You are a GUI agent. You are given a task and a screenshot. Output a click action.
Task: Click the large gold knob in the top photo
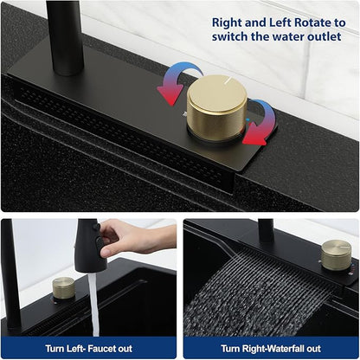[216, 107]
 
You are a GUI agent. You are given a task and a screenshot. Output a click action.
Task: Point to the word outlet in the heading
[325, 37]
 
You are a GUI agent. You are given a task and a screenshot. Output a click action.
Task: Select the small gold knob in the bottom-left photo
[63, 289]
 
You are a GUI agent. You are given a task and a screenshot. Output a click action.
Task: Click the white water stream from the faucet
[93, 305]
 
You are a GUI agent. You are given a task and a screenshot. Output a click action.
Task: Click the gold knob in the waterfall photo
[337, 255]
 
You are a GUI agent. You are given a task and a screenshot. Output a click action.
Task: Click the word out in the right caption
[313, 349]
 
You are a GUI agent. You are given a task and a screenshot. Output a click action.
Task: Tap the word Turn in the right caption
[230, 349]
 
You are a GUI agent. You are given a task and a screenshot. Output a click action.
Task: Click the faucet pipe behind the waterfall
[266, 231]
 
